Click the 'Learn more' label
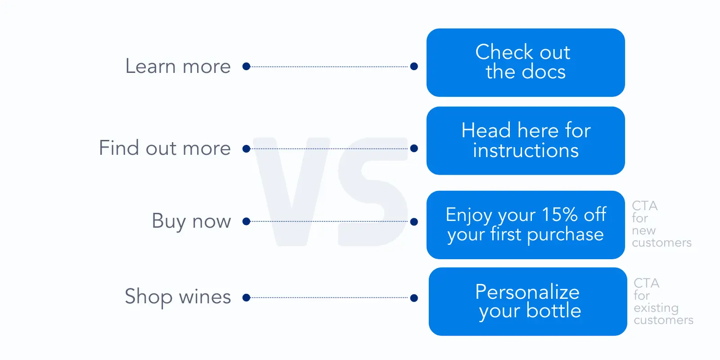click(x=178, y=67)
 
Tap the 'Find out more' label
click(x=165, y=148)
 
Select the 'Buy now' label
click(x=191, y=221)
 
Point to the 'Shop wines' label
click(x=178, y=297)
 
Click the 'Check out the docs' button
click(x=525, y=63)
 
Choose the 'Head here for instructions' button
click(x=525, y=140)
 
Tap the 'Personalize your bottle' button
click(x=527, y=301)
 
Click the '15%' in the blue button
click(x=559, y=215)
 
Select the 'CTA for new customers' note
click(x=661, y=224)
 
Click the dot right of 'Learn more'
click(x=246, y=67)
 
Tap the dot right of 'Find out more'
click(x=246, y=148)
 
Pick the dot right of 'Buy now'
click(x=246, y=221)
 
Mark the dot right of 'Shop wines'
click(x=246, y=297)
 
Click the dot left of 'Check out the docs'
click(x=414, y=67)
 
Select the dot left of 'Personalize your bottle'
click(x=414, y=298)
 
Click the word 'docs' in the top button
click(x=544, y=72)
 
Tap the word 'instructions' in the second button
click(x=526, y=151)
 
